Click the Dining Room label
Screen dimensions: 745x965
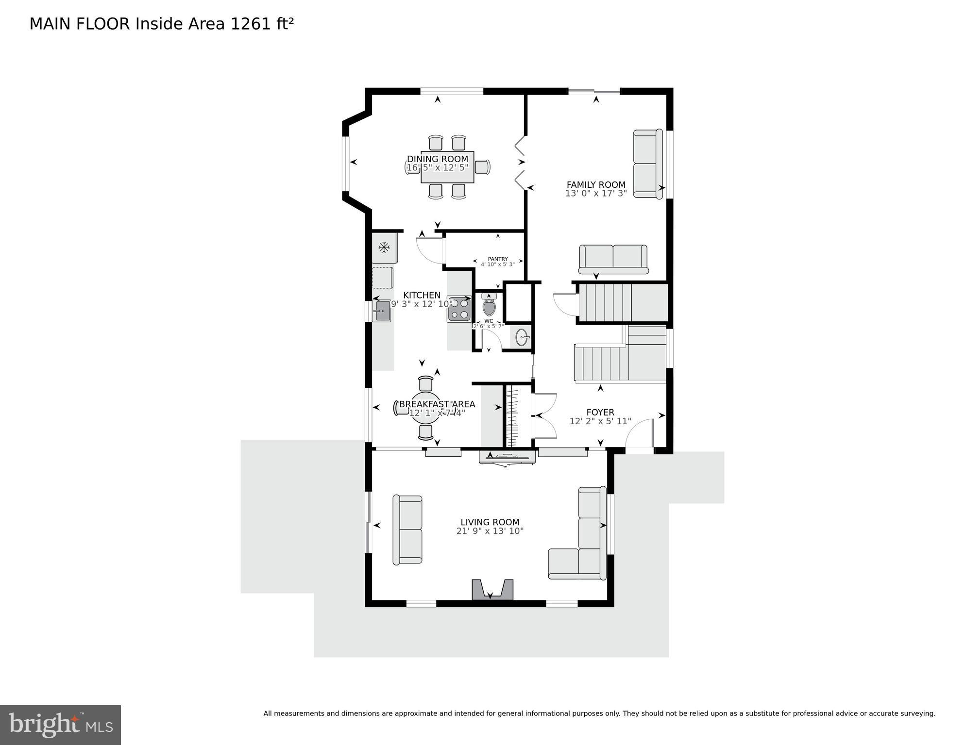[x=438, y=159]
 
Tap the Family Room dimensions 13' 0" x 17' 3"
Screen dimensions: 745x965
[x=596, y=193]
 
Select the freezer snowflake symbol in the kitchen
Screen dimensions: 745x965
[x=384, y=248]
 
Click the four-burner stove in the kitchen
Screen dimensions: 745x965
[x=459, y=309]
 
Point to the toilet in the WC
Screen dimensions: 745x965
[x=489, y=306]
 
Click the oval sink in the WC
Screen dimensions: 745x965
[x=522, y=337]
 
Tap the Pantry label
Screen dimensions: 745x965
[x=498, y=259]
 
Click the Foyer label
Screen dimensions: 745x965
[x=600, y=412]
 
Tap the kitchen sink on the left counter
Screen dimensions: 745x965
[x=382, y=311]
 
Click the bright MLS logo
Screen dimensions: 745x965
[x=60, y=725]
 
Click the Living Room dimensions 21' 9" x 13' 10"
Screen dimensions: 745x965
[x=490, y=531]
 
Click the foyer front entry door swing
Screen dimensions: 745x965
[x=640, y=434]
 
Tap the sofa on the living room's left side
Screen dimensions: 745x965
[x=407, y=530]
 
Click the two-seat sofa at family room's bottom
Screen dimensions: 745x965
[x=613, y=259]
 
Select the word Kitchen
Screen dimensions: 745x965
[x=422, y=295]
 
